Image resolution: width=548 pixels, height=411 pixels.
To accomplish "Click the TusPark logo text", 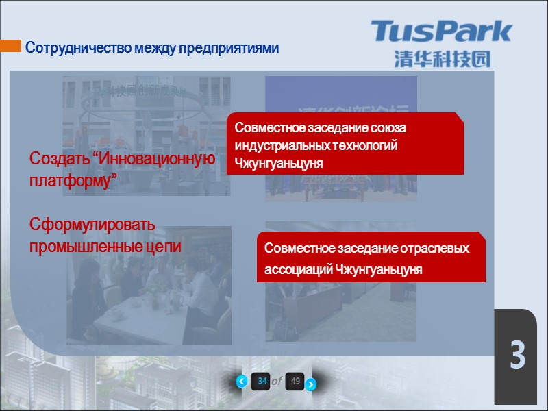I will (x=441, y=32).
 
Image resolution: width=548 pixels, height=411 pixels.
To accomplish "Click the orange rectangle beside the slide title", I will (x=10, y=47).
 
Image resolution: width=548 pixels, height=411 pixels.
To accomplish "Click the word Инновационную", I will (x=157, y=159).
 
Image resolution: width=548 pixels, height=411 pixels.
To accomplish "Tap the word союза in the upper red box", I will (x=397, y=128).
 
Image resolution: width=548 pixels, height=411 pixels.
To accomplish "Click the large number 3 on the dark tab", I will (x=517, y=357).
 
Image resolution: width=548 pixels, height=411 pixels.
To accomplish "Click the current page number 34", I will (x=262, y=382).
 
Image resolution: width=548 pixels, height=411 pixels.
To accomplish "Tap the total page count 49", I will (x=295, y=382).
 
